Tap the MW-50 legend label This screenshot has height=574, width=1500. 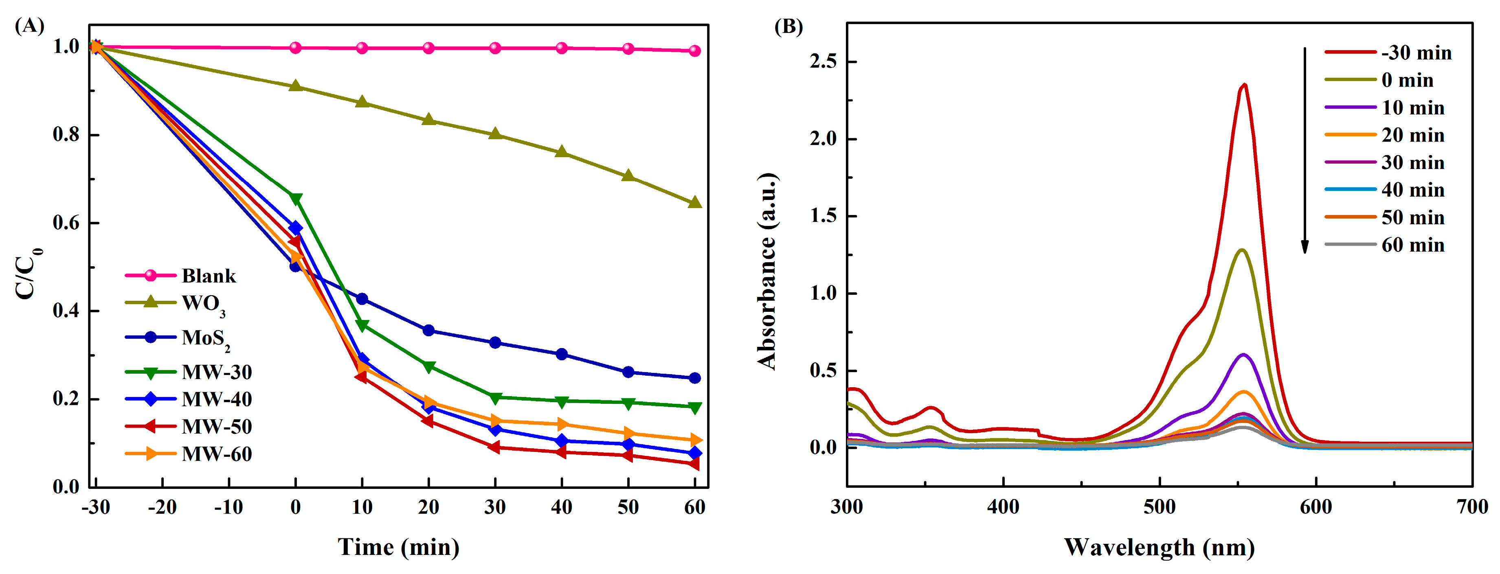(217, 427)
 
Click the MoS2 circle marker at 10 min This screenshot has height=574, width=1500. (362, 299)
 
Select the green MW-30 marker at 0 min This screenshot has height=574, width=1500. (296, 199)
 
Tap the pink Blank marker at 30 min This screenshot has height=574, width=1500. (495, 48)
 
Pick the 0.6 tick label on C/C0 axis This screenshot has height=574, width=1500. (66, 223)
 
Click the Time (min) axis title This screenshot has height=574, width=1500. (398, 547)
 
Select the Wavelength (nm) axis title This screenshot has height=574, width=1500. (1159, 547)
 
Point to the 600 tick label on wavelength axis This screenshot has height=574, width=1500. (1316, 508)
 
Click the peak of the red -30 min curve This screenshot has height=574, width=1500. (1244, 85)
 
